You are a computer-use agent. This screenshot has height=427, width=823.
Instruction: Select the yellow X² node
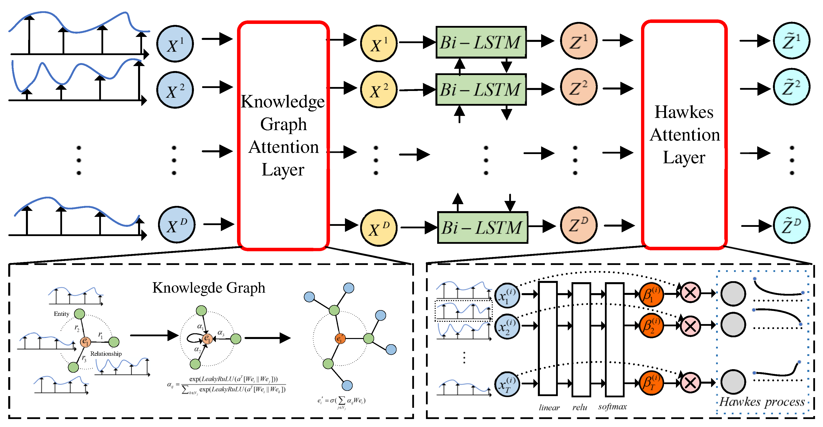(379, 90)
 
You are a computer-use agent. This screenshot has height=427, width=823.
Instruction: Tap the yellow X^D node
(379, 228)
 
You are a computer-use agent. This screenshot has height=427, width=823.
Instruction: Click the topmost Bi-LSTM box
(481, 42)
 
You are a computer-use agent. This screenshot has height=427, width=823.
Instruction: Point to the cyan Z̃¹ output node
(791, 41)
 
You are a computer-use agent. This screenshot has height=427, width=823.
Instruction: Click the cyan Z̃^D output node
(791, 225)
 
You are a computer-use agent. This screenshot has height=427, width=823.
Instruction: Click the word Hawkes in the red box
(684, 112)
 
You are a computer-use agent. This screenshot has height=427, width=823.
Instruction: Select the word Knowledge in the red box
(283, 102)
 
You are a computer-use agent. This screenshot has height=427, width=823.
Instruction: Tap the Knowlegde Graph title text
(209, 288)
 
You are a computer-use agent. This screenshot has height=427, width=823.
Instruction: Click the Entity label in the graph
(61, 314)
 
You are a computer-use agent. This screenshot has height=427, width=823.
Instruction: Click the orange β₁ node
(651, 295)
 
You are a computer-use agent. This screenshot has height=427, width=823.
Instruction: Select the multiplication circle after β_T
(690, 383)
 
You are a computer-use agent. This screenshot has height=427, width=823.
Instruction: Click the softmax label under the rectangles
(612, 407)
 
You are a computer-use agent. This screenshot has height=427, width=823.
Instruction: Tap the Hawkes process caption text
(762, 402)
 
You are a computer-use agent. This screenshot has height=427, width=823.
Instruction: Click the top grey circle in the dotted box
(733, 293)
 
